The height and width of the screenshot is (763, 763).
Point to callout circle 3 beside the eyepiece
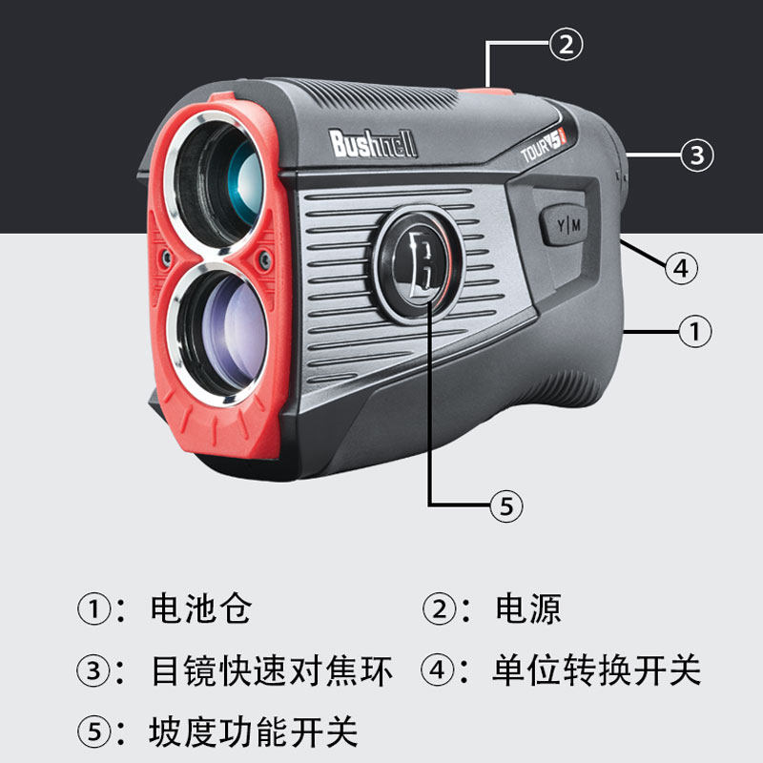(696, 155)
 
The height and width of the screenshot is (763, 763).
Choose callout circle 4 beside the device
(680, 269)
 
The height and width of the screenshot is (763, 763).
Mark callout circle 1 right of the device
(694, 331)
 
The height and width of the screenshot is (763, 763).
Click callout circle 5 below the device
(506, 506)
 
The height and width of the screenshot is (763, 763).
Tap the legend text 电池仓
(200, 608)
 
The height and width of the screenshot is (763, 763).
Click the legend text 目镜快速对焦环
(272, 670)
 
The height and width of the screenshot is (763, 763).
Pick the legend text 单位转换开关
(596, 670)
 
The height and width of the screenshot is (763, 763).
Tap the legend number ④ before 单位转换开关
(437, 670)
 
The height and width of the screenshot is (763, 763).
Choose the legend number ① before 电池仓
(93, 608)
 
